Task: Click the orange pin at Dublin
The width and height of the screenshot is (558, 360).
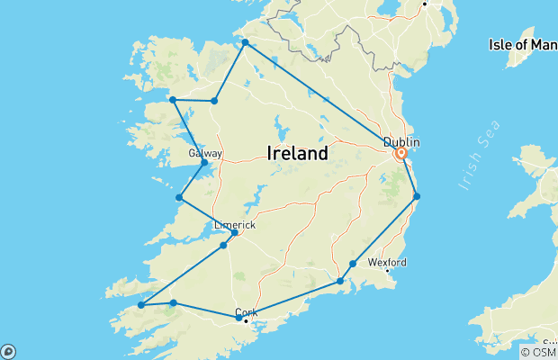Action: click(x=401, y=154)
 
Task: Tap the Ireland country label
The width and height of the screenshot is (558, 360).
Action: click(x=298, y=154)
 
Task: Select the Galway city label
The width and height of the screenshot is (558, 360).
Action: click(x=205, y=154)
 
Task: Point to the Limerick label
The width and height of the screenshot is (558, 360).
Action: click(x=235, y=224)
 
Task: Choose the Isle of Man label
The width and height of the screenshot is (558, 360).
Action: click(x=522, y=44)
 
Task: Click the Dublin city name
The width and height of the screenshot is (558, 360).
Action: click(x=401, y=142)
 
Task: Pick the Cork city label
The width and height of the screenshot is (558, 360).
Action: click(x=247, y=311)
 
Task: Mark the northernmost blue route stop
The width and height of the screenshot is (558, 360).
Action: click(x=245, y=42)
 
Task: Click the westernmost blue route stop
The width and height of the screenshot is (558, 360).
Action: click(x=141, y=305)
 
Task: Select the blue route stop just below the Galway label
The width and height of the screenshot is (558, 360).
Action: click(x=205, y=163)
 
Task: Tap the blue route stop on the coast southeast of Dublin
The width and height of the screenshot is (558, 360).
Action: click(x=417, y=196)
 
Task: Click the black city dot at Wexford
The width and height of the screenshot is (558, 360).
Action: click(x=387, y=270)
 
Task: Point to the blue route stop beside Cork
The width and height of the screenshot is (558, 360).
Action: click(x=238, y=318)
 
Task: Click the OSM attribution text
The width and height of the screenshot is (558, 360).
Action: click(x=538, y=352)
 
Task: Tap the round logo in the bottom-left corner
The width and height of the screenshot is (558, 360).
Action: click(x=7, y=352)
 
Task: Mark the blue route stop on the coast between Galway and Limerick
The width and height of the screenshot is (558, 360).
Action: click(x=179, y=197)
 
